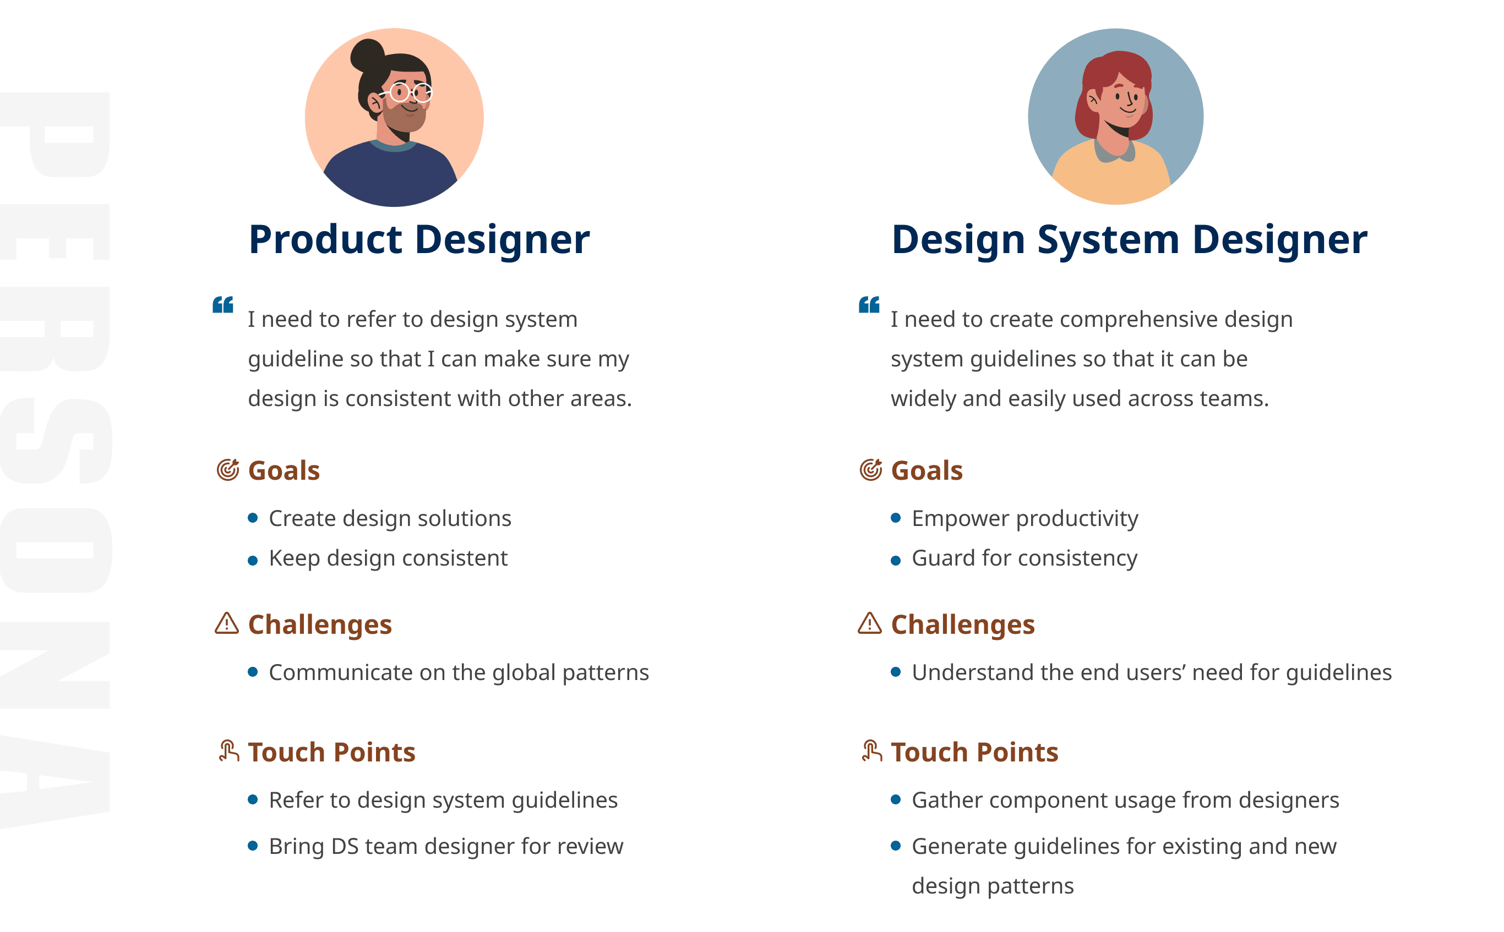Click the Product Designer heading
point(419,240)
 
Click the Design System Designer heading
point(1129,240)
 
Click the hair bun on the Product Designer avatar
point(368,56)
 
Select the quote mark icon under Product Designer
point(222,304)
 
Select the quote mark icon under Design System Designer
point(869,304)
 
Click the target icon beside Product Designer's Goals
point(227,470)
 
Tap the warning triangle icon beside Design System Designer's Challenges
point(869,623)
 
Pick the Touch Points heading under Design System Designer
point(974,752)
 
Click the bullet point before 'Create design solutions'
point(252,518)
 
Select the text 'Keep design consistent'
point(388,558)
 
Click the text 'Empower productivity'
point(1025,519)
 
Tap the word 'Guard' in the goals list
point(944,558)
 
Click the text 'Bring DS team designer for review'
point(446,847)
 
